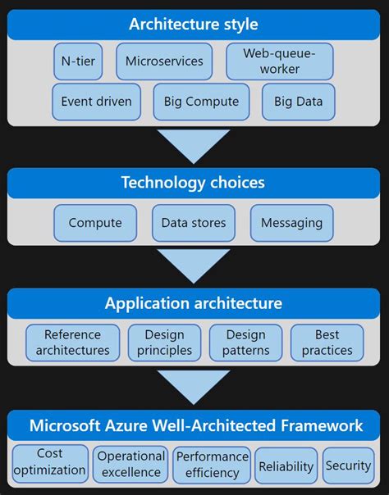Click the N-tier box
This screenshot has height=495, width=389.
click(x=78, y=61)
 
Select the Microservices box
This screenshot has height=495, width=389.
click(x=164, y=61)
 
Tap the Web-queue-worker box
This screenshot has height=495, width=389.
click(x=268, y=61)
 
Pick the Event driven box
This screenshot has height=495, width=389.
click(x=96, y=102)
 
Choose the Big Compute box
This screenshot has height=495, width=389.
click(x=201, y=102)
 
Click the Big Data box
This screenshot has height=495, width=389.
click(x=299, y=102)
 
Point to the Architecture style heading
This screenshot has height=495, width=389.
click(x=194, y=25)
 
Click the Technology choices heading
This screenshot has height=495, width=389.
click(x=194, y=182)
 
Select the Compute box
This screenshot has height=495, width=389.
click(x=95, y=223)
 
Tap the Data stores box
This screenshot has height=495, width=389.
click(x=194, y=223)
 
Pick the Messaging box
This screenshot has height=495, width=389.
click(x=291, y=223)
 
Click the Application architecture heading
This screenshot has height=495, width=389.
click(x=194, y=303)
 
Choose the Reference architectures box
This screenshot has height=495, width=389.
click(x=72, y=343)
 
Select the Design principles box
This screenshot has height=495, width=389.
click(x=164, y=343)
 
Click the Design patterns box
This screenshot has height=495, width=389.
click(x=245, y=343)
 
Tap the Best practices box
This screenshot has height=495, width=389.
click(x=327, y=343)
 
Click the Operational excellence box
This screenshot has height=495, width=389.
click(x=130, y=464)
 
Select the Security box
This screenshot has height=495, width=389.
click(x=348, y=465)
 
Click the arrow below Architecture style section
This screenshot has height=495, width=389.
click(x=194, y=146)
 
